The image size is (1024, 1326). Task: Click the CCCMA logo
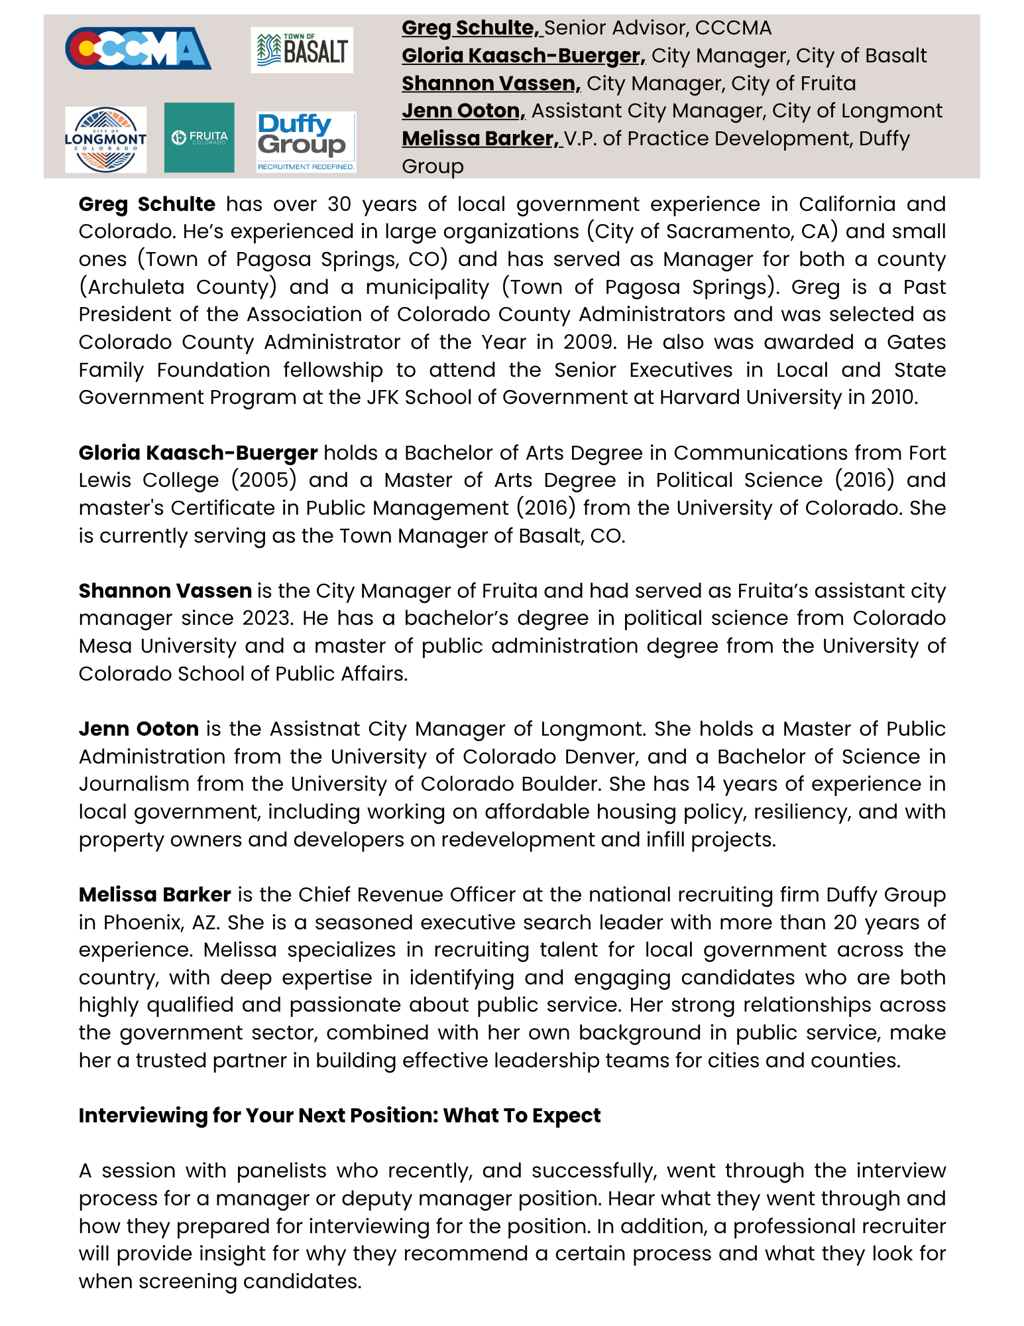(138, 48)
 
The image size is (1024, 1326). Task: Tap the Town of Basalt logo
(302, 50)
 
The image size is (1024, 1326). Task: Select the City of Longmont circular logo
(105, 139)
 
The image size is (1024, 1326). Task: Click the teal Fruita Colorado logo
(199, 137)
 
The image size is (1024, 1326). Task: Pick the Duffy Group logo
(306, 142)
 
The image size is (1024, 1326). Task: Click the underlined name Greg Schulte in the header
(471, 28)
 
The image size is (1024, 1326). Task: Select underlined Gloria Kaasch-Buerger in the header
(523, 56)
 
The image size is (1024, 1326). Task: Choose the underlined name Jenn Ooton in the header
(463, 111)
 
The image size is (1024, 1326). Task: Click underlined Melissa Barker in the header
(481, 139)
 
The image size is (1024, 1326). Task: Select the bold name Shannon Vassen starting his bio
(165, 591)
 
